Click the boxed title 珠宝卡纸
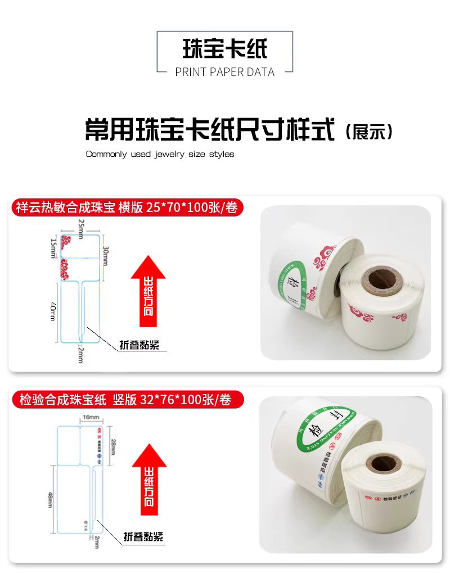[224, 49]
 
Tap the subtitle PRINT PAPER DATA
[224, 72]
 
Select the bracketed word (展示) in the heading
[368, 132]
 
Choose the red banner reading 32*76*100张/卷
[125, 400]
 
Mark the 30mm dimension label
[105, 256]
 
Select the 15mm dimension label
[53, 248]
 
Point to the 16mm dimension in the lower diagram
[91, 417]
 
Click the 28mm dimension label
[114, 447]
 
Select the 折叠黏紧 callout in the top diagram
[139, 345]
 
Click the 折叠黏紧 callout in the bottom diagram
[143, 537]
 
